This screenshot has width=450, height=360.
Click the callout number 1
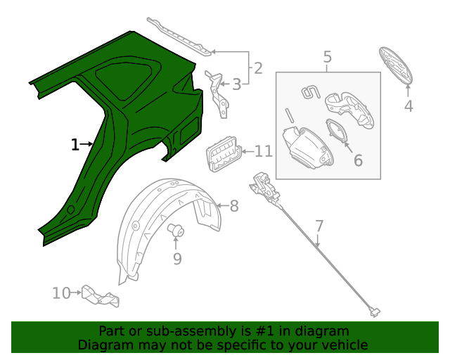click(x=75, y=145)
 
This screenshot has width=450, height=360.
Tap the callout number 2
click(x=257, y=68)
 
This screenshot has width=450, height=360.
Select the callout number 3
click(x=236, y=85)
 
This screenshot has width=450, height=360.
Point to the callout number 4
click(x=409, y=106)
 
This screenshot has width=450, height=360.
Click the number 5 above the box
click(x=328, y=57)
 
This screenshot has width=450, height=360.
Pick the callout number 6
click(x=358, y=160)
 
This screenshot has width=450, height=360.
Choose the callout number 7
click(x=319, y=226)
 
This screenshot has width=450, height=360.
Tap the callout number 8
click(x=234, y=206)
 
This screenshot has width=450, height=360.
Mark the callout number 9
click(x=177, y=259)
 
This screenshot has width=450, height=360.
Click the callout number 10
click(x=62, y=292)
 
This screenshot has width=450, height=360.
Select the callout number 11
click(x=263, y=151)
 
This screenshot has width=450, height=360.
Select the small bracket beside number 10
click(x=100, y=296)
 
